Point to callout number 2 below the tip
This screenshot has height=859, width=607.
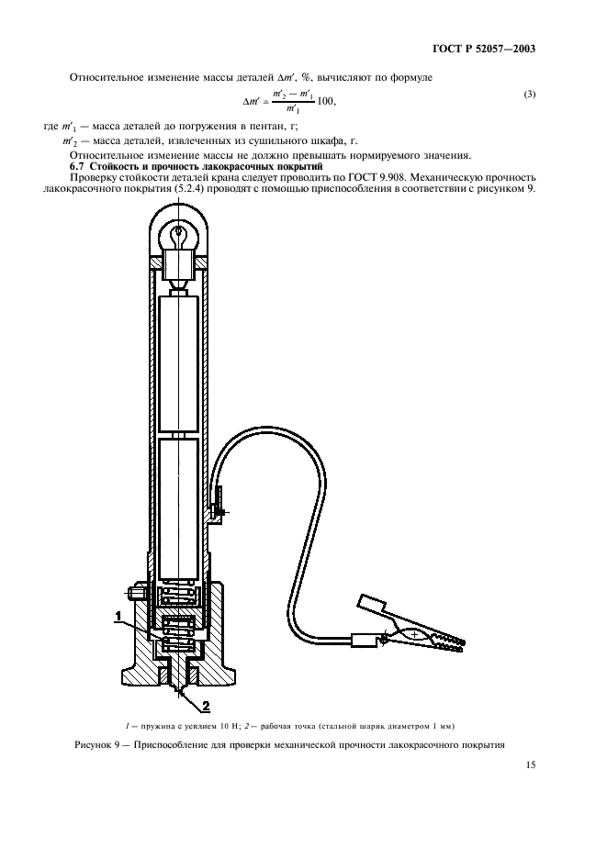206,706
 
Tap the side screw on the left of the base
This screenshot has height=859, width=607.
130,594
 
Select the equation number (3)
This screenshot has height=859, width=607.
529,95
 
